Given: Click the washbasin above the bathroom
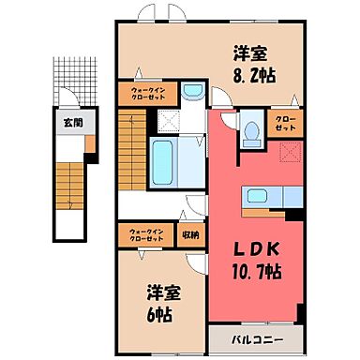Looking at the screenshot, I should (x=192, y=92).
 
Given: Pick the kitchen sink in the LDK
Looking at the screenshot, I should (x=259, y=197).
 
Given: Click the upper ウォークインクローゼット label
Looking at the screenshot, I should (x=142, y=96).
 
